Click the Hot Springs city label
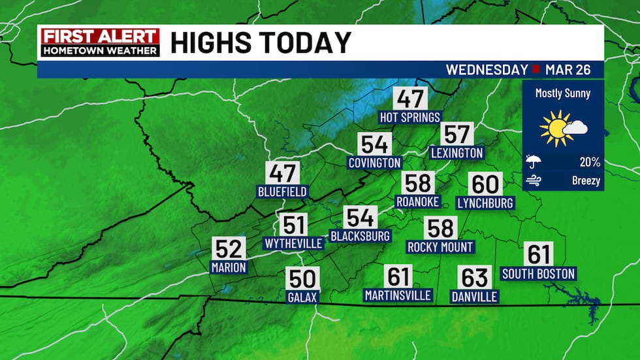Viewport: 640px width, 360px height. [410, 117]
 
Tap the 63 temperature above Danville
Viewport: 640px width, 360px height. [474, 278]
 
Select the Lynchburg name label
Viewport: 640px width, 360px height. [485, 203]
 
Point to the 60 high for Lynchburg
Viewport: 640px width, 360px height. [485, 184]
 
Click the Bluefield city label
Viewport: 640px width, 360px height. [282, 192]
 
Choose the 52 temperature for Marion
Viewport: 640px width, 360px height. [229, 248]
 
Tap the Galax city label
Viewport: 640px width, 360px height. [302, 297]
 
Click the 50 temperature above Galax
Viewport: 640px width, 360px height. [302, 279]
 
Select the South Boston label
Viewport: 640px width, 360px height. [538, 274]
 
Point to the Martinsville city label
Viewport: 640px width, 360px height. [398, 295]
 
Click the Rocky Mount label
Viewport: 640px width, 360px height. [440, 247]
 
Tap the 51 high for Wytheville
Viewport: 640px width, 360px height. [294, 225]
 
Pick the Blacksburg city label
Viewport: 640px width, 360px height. [360, 235]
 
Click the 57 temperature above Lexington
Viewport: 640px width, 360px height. [456, 134]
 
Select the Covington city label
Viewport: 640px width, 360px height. [374, 163]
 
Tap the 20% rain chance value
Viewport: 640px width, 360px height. [590, 162]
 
